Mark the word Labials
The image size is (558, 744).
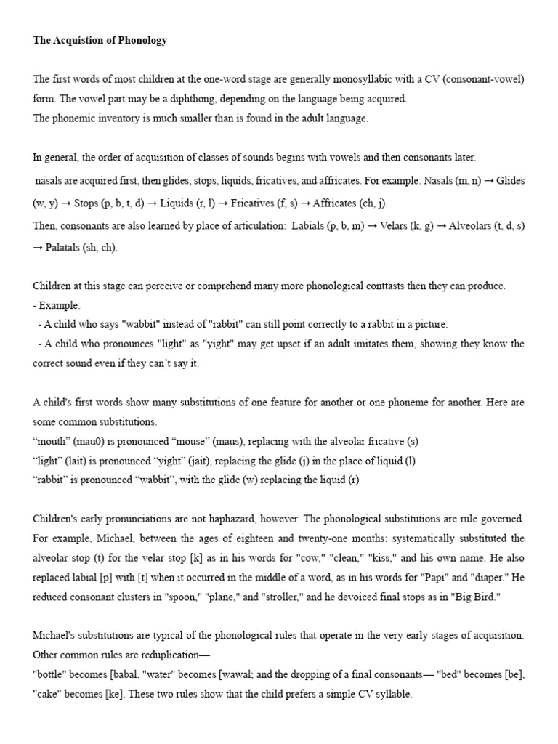308,226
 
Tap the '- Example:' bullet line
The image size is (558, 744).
57,306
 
